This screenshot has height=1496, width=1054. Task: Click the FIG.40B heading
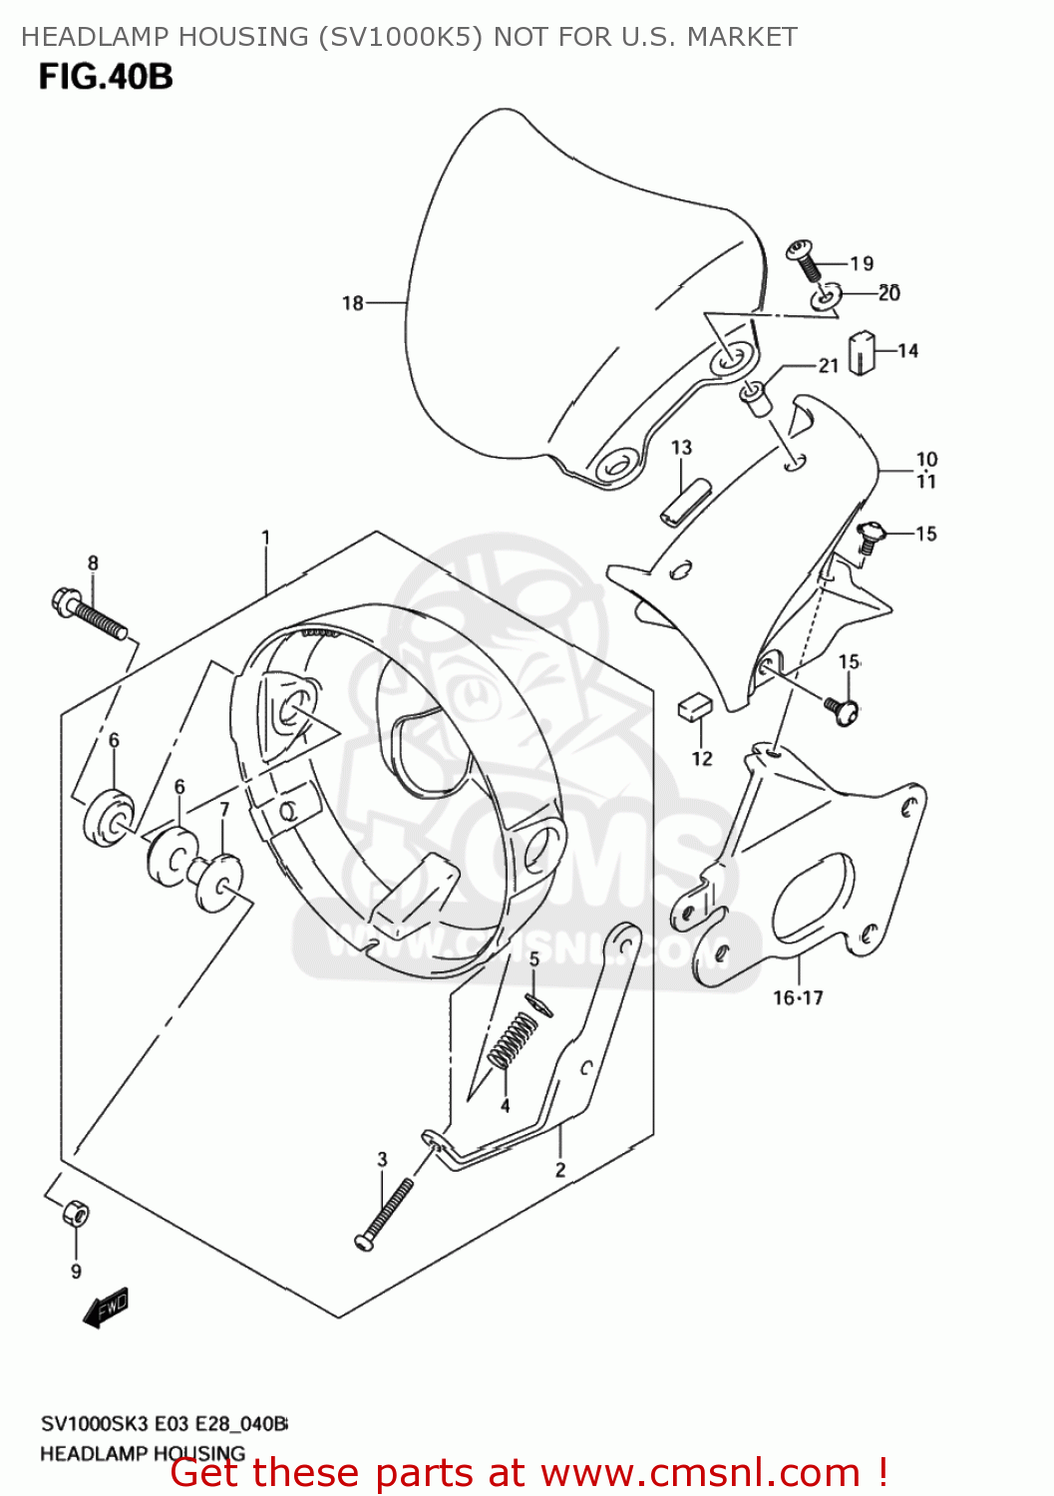[106, 77]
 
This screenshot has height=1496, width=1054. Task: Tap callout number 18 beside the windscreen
[353, 302]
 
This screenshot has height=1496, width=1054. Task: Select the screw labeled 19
[804, 259]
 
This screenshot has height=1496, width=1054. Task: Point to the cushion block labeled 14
[861, 353]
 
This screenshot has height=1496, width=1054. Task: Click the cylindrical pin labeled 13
[685, 501]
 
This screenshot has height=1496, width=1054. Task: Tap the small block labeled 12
[694, 707]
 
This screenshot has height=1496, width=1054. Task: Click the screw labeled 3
[384, 1213]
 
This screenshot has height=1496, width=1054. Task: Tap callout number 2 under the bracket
[560, 1170]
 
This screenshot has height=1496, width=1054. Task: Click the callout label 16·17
[798, 997]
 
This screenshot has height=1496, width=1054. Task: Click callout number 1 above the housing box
[266, 538]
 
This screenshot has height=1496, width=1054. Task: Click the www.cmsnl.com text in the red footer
[702, 1472]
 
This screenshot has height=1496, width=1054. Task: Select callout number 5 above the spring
[534, 959]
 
